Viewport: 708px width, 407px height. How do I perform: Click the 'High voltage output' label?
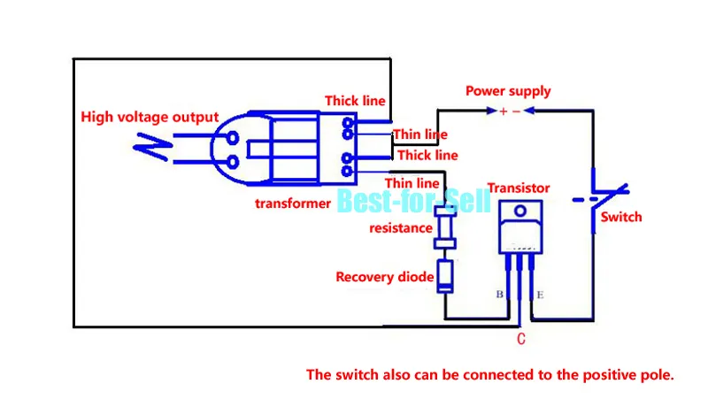pyautogui.click(x=150, y=117)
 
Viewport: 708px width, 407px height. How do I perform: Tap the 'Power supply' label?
pyautogui.click(x=508, y=91)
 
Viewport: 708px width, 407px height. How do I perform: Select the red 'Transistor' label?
pyautogui.click(x=519, y=188)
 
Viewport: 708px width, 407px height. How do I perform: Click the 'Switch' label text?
pyautogui.click(x=621, y=217)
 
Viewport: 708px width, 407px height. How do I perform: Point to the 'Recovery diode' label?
pyautogui.click(x=384, y=277)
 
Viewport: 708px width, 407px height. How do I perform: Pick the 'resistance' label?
pyautogui.click(x=401, y=228)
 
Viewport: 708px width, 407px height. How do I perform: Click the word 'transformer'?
pyautogui.click(x=293, y=203)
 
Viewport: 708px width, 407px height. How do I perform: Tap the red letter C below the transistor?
pyautogui.click(x=520, y=339)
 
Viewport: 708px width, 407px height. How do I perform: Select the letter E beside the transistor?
pyautogui.click(x=540, y=294)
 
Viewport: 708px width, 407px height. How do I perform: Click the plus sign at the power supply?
pyautogui.click(x=503, y=111)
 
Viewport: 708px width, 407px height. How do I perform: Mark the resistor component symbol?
pyautogui.click(x=443, y=234)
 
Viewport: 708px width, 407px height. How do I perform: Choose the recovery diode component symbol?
pyautogui.click(x=444, y=275)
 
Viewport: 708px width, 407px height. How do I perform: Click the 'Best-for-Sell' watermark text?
pyautogui.click(x=413, y=201)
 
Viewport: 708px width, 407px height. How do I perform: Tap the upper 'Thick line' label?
pyautogui.click(x=355, y=101)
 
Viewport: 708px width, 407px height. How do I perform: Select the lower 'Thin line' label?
pyautogui.click(x=412, y=182)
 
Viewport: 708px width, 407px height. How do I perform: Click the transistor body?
pyautogui.click(x=519, y=233)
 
